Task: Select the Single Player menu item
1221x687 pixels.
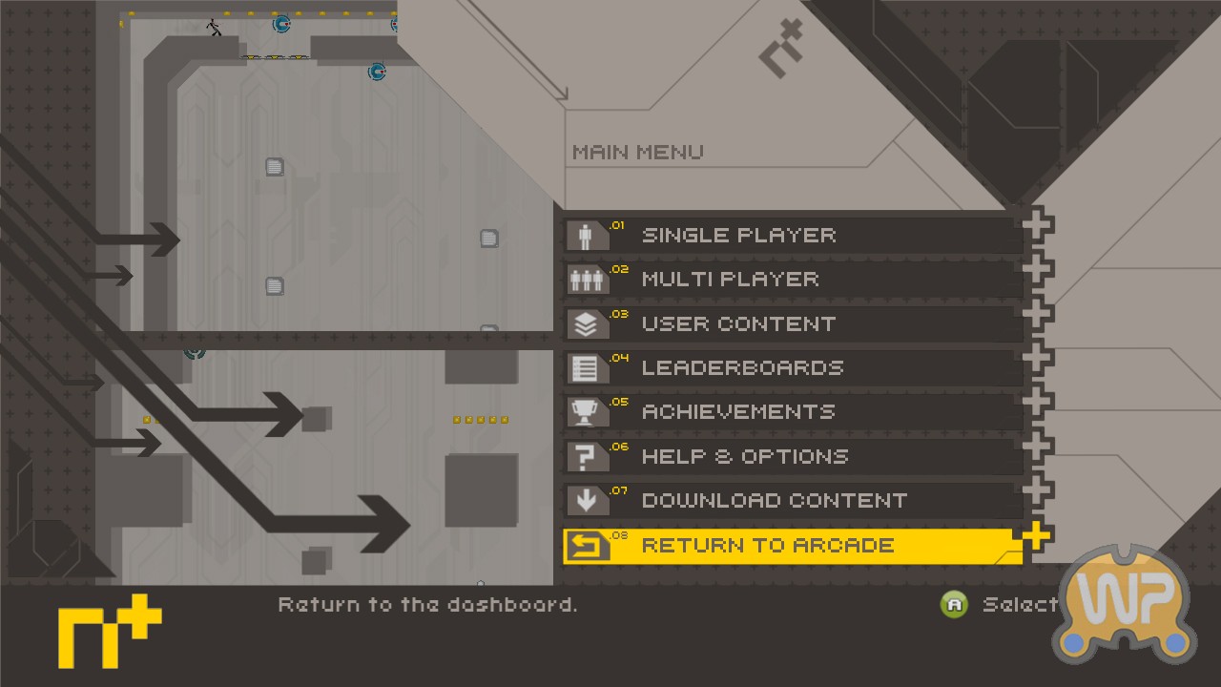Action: (x=793, y=236)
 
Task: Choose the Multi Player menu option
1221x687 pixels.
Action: (x=793, y=280)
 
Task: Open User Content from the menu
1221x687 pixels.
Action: (x=793, y=323)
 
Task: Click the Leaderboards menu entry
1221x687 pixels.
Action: (x=793, y=368)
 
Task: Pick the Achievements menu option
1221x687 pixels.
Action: (x=793, y=412)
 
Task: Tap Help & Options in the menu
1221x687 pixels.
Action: (x=793, y=456)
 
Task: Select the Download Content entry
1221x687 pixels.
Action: (x=793, y=501)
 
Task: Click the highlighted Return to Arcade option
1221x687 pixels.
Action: (x=793, y=546)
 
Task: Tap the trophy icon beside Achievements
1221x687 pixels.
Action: (x=585, y=412)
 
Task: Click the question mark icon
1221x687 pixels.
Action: (x=585, y=457)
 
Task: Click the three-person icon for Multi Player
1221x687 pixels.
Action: (x=586, y=281)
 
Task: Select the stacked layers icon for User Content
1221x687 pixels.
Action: (x=586, y=324)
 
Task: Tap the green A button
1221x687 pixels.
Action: (x=954, y=605)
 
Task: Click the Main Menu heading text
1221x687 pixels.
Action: (x=638, y=152)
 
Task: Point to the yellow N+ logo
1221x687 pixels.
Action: (x=110, y=632)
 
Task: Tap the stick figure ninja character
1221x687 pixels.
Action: (x=214, y=27)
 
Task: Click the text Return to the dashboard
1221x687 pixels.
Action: (x=427, y=605)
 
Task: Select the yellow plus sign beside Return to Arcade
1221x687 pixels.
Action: (x=1036, y=536)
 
